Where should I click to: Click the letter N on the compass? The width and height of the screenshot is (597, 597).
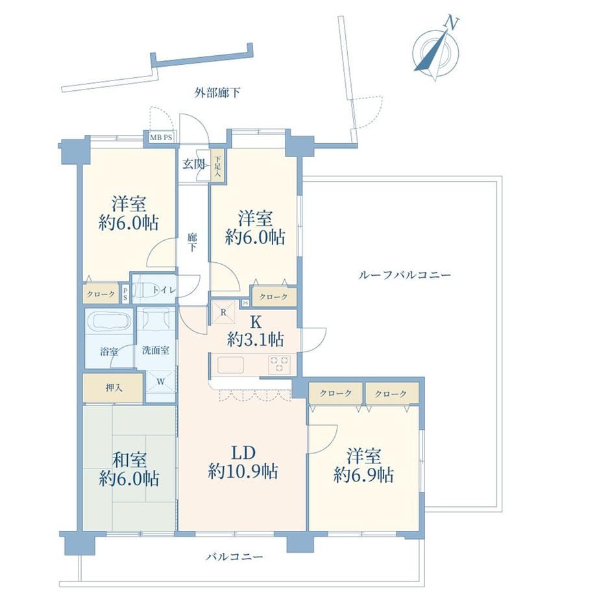452,23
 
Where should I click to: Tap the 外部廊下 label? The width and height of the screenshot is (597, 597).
217,93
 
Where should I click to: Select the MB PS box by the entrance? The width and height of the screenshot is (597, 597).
161,138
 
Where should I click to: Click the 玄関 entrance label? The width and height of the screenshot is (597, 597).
194,164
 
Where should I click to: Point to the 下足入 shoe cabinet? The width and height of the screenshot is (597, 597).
217,165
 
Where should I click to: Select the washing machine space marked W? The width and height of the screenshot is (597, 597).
161,382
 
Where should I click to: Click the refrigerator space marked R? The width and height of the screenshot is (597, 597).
224,312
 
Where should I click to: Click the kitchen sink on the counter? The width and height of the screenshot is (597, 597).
231,365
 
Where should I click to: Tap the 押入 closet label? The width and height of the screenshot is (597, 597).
114,388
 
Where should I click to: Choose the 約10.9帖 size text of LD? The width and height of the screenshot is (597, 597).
243,472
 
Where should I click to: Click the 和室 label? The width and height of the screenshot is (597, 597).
129,460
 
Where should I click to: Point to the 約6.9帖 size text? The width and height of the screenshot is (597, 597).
363,475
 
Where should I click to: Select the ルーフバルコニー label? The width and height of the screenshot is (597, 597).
404,275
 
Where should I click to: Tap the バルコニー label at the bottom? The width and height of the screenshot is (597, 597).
234,557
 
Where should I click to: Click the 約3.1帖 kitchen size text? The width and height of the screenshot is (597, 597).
255,339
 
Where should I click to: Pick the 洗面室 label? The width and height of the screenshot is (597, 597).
155,350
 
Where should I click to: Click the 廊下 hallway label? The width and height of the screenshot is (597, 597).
192,243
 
